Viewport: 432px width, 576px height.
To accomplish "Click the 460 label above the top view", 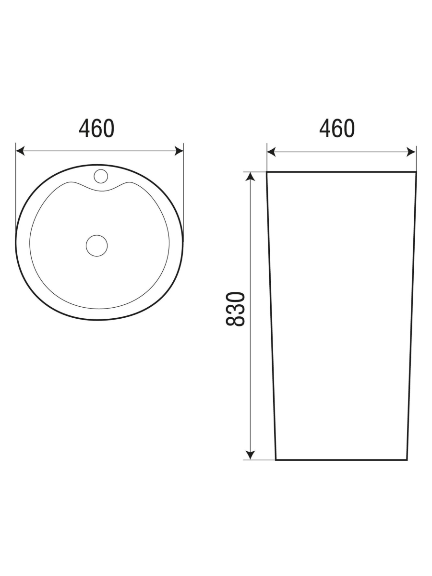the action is (x=96, y=129).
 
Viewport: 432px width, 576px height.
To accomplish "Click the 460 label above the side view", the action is (x=337, y=129).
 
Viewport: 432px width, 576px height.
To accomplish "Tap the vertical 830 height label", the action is (x=235, y=309).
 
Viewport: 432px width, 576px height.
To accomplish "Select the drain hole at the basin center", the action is (x=97, y=246).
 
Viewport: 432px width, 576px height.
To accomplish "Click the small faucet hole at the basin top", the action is (x=101, y=176).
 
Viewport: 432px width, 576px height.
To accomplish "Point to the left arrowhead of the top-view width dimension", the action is (x=20, y=151).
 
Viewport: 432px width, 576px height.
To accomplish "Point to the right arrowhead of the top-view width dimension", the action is (x=179, y=151).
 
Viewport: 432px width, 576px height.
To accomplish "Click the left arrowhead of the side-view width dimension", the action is (x=272, y=152).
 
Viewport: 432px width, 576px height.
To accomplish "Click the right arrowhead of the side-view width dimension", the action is (x=411, y=152).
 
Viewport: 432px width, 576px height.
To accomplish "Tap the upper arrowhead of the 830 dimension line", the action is (x=251, y=177).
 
